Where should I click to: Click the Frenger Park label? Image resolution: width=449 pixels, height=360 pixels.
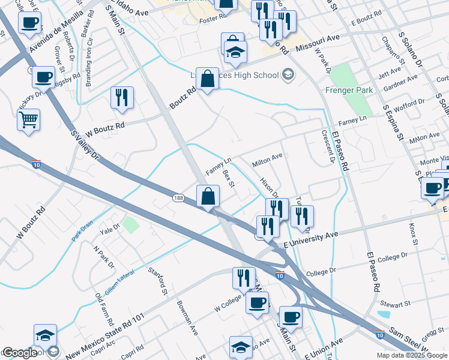(349, 90)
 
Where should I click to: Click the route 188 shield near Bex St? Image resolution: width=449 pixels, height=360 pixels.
(179, 198)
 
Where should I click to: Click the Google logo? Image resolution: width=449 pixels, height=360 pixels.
(19, 353)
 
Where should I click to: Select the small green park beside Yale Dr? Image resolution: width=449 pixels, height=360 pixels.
(131, 226)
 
